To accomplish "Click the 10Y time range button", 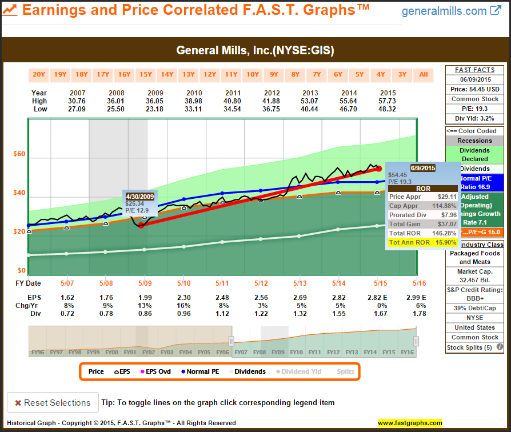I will pyautogui.click(x=253, y=74).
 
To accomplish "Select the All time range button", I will pyautogui.click(x=424, y=74).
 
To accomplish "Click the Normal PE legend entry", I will pyautogui.click(x=199, y=371).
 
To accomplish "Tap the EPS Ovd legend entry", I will pyautogui.click(x=155, y=371).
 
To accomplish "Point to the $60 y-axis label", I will pyautogui.click(x=19, y=154).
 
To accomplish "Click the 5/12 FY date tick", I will pyautogui.click(x=261, y=283).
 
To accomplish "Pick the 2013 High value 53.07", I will pyautogui.click(x=310, y=101).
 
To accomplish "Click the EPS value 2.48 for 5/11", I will pyautogui.click(x=222, y=297).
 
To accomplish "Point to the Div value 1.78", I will pyautogui.click(x=418, y=313).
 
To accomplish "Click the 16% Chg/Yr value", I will pyautogui.click(x=183, y=305).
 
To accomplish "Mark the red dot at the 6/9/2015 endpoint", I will pyautogui.click(x=378, y=169).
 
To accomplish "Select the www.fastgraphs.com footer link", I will pyautogui.click(x=410, y=423).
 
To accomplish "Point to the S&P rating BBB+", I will pyautogui.click(x=474, y=298).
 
